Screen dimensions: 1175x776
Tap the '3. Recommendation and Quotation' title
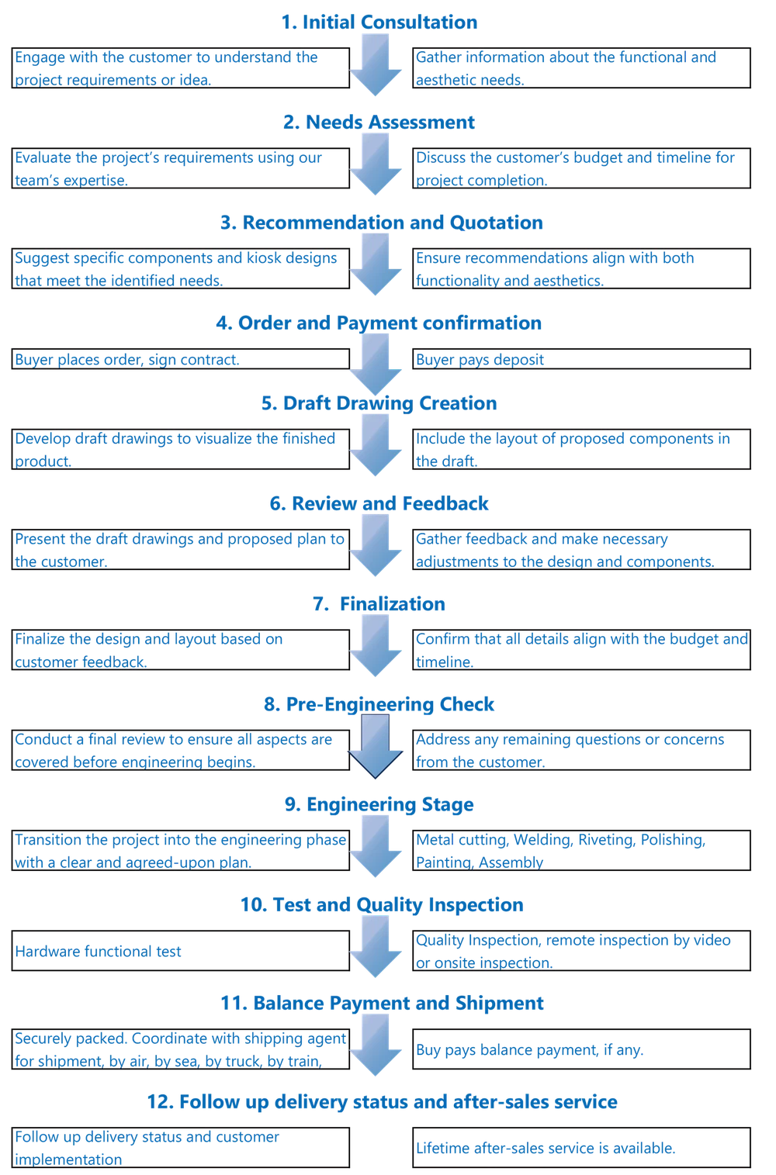pyautogui.click(x=380, y=223)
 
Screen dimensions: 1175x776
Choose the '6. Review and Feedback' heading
pyautogui.click(x=378, y=504)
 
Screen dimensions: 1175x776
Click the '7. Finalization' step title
pyautogui.click(x=378, y=604)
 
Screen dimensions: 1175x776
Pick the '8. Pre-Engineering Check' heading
pyautogui.click(x=378, y=704)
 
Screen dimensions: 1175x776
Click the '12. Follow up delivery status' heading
pyautogui.click(x=382, y=1101)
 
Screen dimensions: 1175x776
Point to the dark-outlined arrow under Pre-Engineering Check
pyautogui.click(x=376, y=746)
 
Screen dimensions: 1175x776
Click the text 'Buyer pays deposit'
pyautogui.click(x=480, y=360)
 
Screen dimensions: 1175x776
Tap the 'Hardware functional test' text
pyautogui.click(x=99, y=951)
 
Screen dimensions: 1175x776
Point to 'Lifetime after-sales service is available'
pyautogui.click(x=545, y=1148)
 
